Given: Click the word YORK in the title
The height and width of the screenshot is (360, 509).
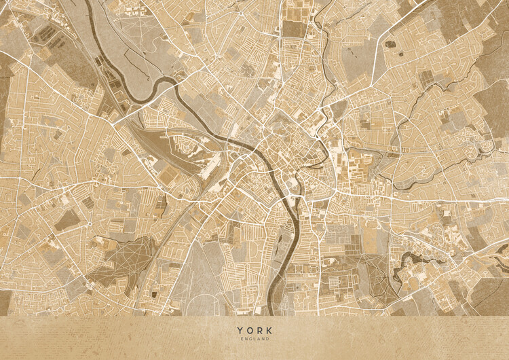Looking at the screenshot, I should point(253,330).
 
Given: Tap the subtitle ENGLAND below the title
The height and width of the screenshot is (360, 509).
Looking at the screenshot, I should point(253,338).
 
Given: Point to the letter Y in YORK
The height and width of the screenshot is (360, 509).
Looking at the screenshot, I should point(240,330).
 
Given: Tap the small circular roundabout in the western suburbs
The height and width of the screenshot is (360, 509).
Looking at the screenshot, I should point(90,223).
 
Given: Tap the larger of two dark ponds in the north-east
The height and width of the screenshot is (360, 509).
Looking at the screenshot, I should point(390,44).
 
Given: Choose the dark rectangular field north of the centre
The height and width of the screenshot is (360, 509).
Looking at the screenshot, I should point(293,29).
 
